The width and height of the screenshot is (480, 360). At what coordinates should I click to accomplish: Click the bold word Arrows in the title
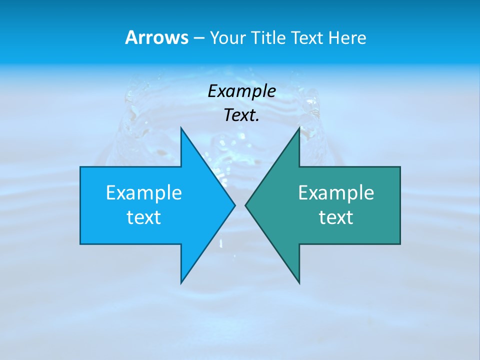pos(156,37)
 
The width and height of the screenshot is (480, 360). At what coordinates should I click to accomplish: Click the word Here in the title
pos(347,37)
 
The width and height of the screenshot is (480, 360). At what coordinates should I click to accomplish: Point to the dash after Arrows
pos(198,38)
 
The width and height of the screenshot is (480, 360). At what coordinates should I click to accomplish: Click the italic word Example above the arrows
pos(241,91)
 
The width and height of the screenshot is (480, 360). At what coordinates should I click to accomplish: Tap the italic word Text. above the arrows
pos(241,115)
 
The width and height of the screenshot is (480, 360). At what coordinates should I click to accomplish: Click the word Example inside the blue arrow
pos(144,192)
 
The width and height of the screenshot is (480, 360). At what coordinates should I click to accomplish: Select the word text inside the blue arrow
pos(144,217)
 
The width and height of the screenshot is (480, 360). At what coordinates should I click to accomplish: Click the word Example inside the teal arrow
pos(336,192)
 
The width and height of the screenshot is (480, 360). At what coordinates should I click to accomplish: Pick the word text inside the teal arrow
pos(336,217)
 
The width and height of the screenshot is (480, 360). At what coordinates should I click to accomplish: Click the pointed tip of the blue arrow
pos(234,205)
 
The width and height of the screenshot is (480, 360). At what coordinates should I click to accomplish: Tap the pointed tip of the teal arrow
pos(245,205)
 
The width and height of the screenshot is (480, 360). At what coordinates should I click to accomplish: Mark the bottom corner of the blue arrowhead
pos(181,283)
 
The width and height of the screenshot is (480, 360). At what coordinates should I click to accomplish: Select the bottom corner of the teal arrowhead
pos(299,283)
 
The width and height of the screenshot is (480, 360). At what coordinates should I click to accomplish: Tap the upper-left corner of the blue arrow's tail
pos(80,167)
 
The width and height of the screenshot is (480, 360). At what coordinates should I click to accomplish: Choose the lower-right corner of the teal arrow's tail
pos(400,243)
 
